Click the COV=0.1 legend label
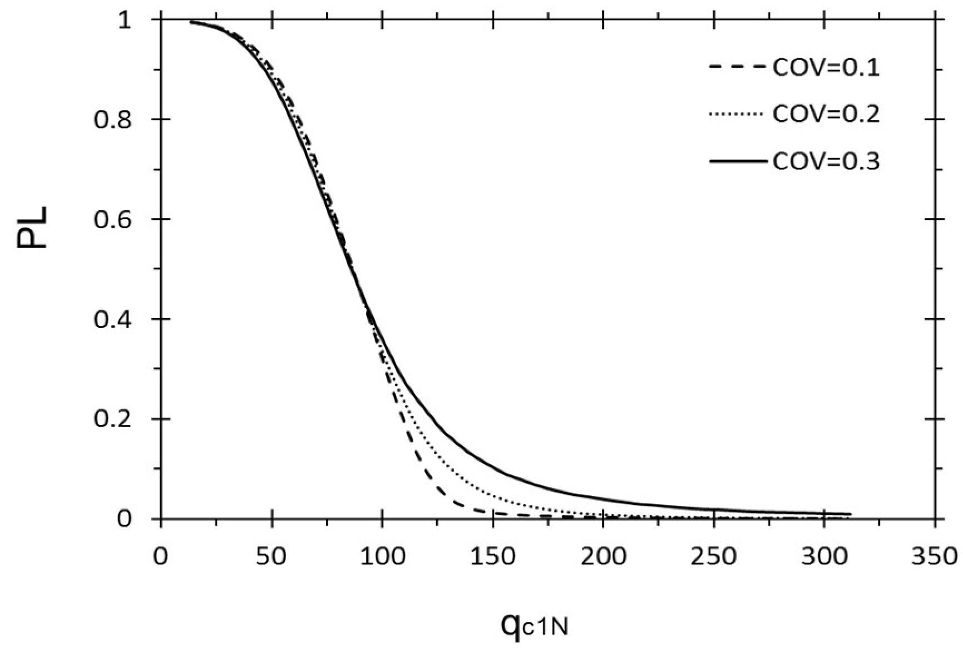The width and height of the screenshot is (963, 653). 826,67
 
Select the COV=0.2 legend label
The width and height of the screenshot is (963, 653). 826,114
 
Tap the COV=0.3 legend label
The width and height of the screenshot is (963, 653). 826,161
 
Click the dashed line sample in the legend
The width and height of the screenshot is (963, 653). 737,67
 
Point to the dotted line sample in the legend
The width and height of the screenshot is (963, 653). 737,115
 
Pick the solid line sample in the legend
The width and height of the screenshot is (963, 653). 737,162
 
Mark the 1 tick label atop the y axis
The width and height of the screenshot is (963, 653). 126,20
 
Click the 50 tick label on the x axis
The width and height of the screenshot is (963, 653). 271,557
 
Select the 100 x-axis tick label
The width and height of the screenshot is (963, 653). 382,557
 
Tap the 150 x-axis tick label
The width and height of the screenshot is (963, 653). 492,557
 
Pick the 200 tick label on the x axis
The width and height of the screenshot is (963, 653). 603,557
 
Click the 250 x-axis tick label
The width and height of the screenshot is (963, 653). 713,557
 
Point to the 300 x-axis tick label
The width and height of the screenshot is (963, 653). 823,557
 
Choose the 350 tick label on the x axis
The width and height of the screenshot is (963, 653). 934,557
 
